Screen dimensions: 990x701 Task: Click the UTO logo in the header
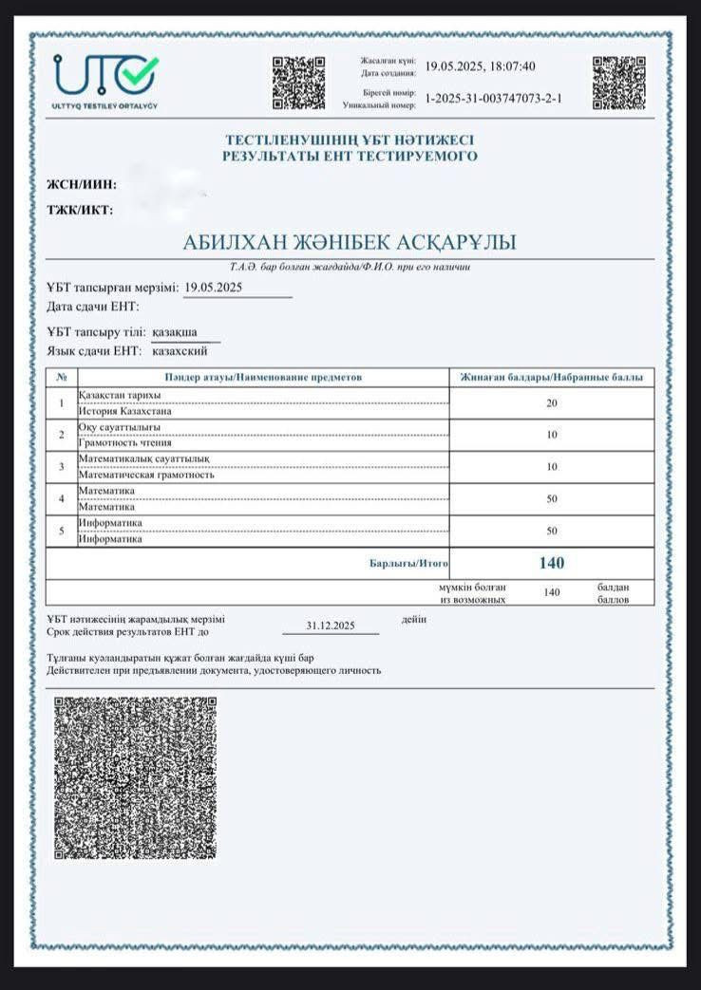tap(106, 77)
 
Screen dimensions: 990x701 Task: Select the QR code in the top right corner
tap(618, 83)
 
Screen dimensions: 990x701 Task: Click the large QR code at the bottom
tap(135, 778)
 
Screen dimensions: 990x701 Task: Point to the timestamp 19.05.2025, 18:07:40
tap(480, 66)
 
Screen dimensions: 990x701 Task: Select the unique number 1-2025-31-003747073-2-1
tap(493, 98)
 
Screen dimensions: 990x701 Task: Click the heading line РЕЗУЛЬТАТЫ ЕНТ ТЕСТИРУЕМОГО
tap(350, 157)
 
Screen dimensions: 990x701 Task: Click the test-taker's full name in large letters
tap(350, 243)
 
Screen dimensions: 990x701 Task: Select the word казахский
tap(180, 351)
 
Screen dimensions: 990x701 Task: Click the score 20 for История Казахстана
tap(552, 403)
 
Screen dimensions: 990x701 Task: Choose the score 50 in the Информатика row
tap(552, 531)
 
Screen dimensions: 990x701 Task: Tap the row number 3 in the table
tap(61, 467)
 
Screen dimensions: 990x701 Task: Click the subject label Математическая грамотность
tap(146, 475)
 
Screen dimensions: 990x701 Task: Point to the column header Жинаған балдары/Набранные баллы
tap(551, 378)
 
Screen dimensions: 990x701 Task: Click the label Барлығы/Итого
tap(408, 564)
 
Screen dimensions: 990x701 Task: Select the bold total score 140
tap(552, 563)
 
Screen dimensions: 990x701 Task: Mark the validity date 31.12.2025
tap(331, 626)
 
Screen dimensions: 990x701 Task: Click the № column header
tap(61, 378)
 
